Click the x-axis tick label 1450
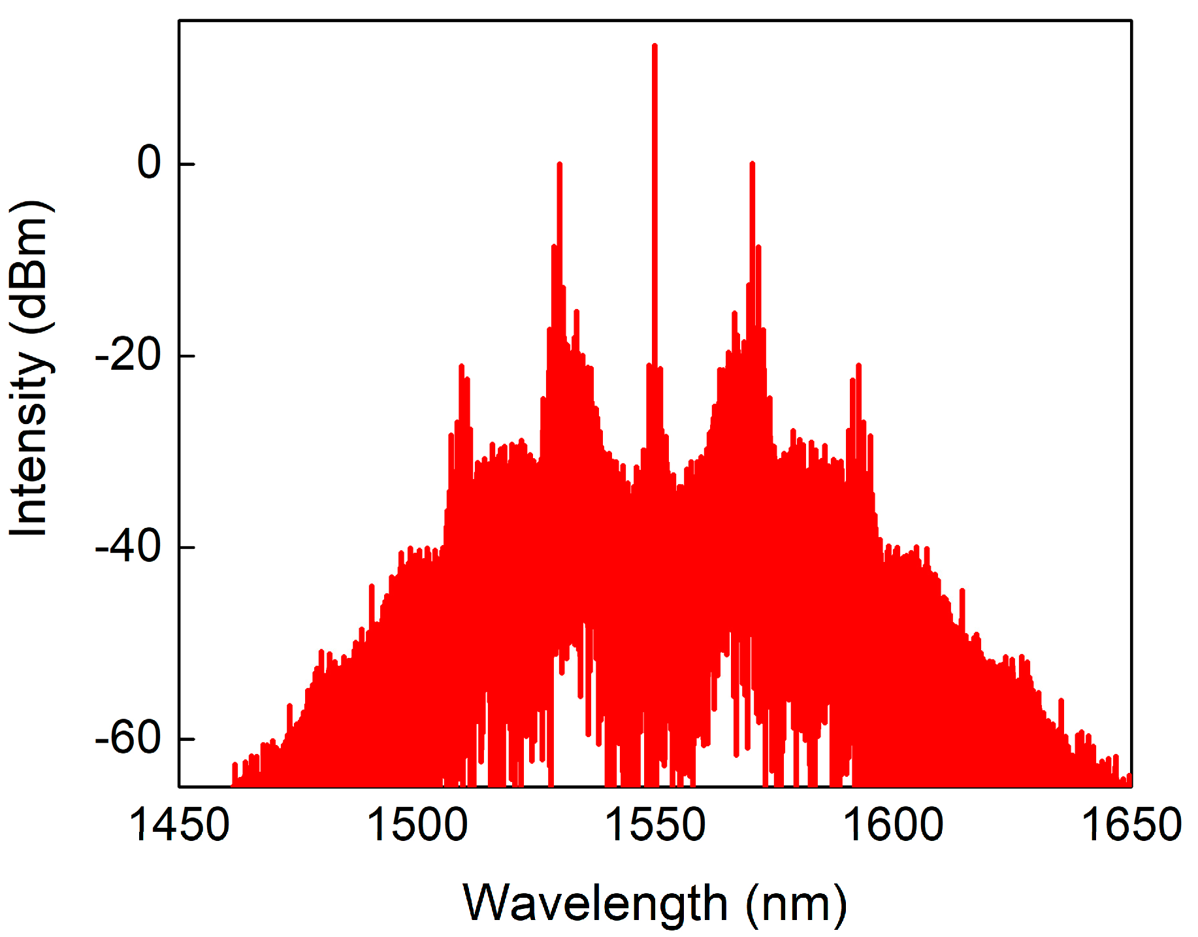pos(180,825)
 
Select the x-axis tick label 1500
pos(417,825)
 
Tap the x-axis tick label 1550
pos(655,825)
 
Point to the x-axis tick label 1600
pos(893,825)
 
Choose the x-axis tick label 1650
pos(1131,825)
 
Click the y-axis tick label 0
pos(149,163)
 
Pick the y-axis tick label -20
pos(128,355)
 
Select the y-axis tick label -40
pos(128,547)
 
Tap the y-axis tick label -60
pos(128,739)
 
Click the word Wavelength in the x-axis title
pos(595,904)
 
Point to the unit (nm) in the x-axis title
pos(796,904)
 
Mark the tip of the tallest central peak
pos(655,45)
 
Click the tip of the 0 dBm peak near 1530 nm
pos(560,164)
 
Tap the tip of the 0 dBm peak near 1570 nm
pos(753,163)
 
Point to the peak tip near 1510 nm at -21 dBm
pos(461,365)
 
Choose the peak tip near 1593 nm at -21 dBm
pos(858,365)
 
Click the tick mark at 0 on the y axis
pos(187,163)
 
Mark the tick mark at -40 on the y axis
pos(187,547)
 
